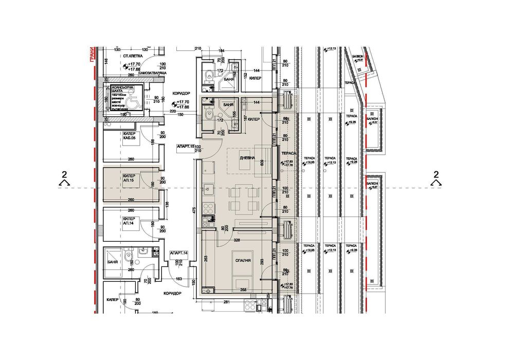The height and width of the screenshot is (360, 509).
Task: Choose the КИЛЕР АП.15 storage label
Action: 129,178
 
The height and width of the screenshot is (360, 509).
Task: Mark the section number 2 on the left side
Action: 64,174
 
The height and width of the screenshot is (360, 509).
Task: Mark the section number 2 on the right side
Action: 436,174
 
